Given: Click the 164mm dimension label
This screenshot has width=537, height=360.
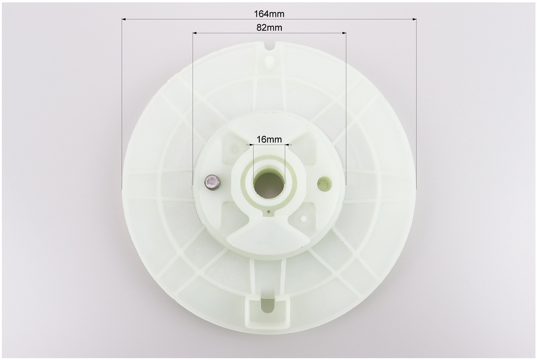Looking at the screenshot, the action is point(269,13).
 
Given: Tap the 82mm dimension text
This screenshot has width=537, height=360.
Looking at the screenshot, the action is point(269,28).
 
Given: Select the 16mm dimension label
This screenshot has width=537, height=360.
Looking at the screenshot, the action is point(269,139).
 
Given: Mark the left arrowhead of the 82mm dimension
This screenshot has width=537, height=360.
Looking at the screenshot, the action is point(195,33).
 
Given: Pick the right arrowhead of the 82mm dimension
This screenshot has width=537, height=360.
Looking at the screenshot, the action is point(343,33).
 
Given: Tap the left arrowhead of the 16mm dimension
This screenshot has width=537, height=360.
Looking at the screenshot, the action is point(251,145).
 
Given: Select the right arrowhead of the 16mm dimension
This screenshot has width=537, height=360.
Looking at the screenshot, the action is point(288,145).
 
